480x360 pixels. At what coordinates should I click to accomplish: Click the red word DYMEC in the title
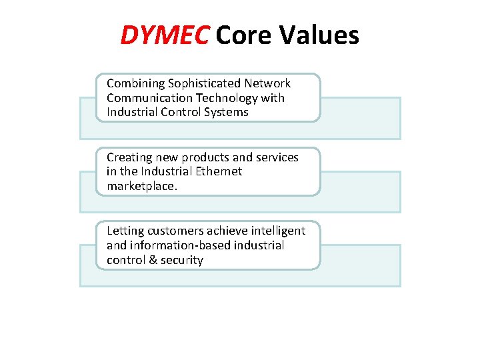(164, 35)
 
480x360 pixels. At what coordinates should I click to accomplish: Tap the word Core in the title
(243, 35)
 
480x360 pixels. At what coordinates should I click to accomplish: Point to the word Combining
(135, 84)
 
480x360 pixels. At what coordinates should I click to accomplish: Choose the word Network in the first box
(268, 83)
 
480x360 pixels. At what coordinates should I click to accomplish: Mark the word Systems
(226, 112)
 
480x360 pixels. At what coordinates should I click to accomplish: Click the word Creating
(129, 157)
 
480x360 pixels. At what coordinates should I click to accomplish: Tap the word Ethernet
(218, 171)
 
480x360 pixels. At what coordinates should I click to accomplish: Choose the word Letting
(125, 231)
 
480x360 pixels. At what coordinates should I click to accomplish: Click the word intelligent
(277, 231)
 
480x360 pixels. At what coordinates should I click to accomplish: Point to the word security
(181, 259)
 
